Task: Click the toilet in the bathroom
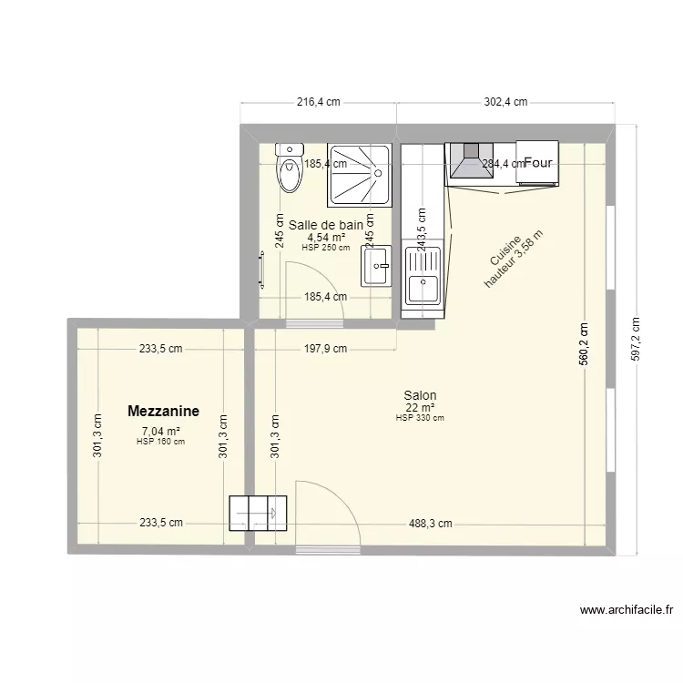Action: (290, 168)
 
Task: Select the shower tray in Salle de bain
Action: (359, 173)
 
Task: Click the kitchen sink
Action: (423, 277)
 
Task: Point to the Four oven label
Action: (537, 164)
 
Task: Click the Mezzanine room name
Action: (164, 412)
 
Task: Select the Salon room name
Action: (420, 395)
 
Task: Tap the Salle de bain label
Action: (326, 224)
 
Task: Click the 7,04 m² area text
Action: (160, 432)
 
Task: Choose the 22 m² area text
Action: (420, 407)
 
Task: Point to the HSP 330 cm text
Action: (420, 418)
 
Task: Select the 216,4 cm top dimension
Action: (319, 102)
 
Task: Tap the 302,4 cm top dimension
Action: (505, 102)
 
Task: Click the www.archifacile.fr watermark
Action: (626, 611)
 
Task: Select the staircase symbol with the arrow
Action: (258, 513)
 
